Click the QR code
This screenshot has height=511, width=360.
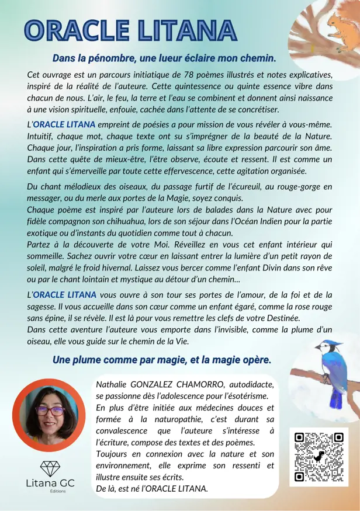point(319,457)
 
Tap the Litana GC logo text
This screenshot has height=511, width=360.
point(49,484)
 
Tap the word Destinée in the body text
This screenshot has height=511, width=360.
point(281,318)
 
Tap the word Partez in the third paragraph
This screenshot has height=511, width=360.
point(41,244)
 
